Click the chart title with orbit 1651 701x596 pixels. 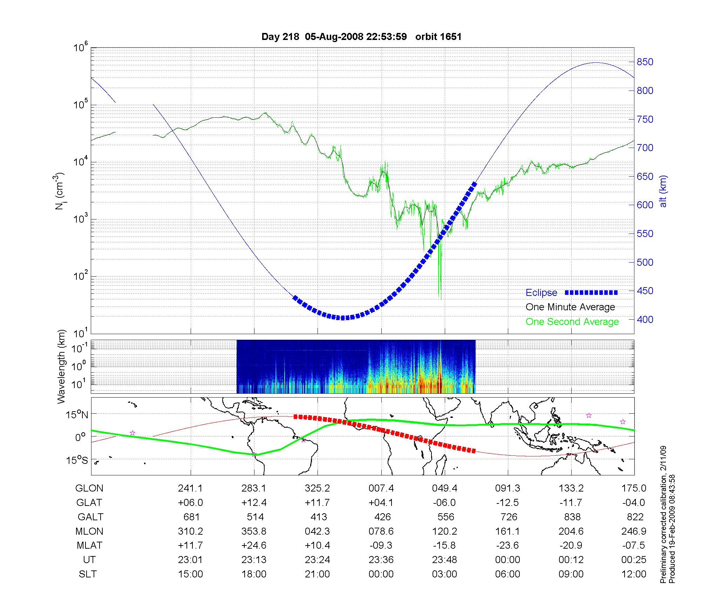(x=361, y=37)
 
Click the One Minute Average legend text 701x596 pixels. (x=570, y=307)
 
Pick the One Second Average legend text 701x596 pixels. (x=572, y=322)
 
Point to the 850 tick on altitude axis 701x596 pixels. (x=645, y=62)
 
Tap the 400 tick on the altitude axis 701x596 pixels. (x=645, y=320)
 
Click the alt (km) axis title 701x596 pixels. (x=663, y=191)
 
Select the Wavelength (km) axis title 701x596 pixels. (x=62, y=366)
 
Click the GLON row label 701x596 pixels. (x=89, y=488)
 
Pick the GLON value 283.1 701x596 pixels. (x=254, y=488)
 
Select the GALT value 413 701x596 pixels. (x=319, y=517)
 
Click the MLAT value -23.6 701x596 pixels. (x=508, y=546)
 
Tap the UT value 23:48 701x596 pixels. (x=444, y=560)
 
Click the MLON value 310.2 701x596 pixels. (x=190, y=531)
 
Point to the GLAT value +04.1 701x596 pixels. (x=381, y=503)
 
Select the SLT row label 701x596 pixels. (x=88, y=574)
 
